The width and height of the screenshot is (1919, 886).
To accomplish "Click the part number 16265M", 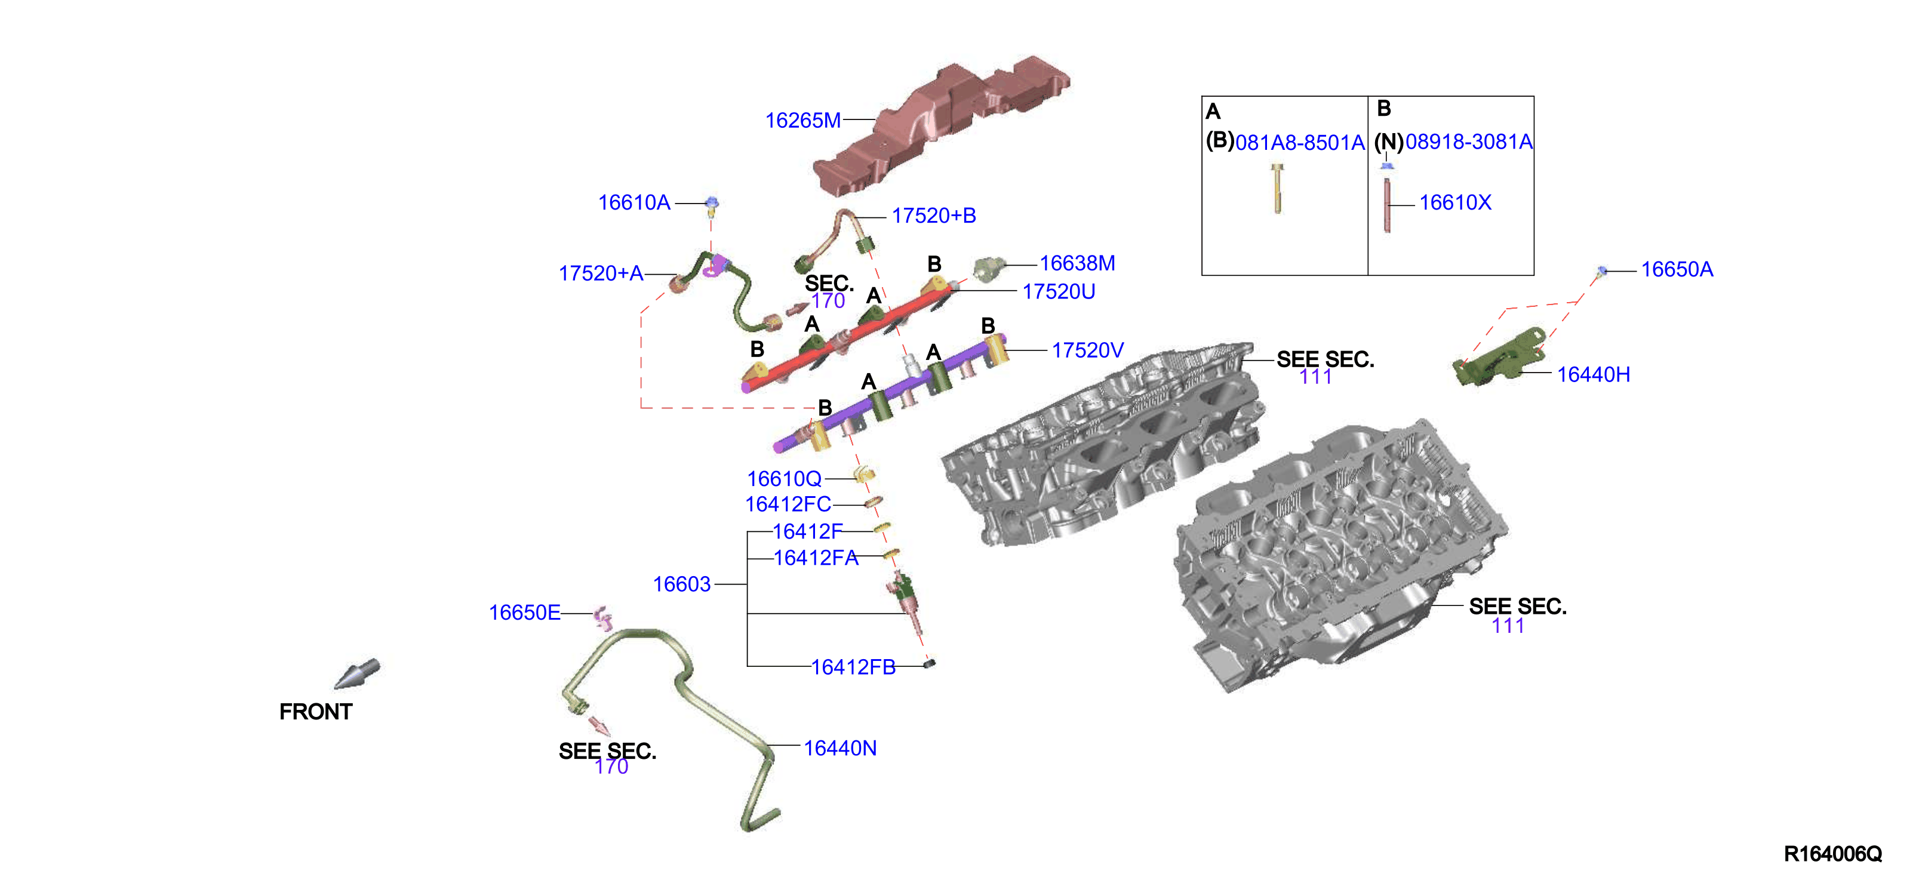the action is point(802,121).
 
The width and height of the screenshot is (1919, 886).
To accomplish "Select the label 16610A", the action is point(634,202).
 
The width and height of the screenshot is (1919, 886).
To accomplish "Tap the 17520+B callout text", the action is point(933,216).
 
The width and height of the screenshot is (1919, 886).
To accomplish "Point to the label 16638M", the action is point(1077,264).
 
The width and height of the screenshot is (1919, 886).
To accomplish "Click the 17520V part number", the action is point(1087,350).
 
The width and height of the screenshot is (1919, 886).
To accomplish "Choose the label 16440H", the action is point(1593,375).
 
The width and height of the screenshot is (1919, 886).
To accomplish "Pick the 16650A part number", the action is point(1677,270).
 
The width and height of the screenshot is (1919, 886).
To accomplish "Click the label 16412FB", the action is point(853,667).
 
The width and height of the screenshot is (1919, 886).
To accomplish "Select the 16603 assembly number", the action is point(682,584).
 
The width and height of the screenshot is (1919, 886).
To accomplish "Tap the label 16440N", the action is point(839,748).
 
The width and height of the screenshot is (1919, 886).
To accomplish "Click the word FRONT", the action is point(315,712).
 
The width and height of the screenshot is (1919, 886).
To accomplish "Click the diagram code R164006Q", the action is point(1832,854).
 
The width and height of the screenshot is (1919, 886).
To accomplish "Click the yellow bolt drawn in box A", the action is point(1277,188).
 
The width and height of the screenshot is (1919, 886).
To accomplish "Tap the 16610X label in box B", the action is point(1455,202).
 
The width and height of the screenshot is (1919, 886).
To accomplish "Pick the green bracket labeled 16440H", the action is point(1497,358).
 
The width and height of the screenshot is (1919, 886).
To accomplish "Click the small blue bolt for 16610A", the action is point(712,205).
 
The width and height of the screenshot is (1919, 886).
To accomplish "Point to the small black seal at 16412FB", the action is point(929,663).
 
